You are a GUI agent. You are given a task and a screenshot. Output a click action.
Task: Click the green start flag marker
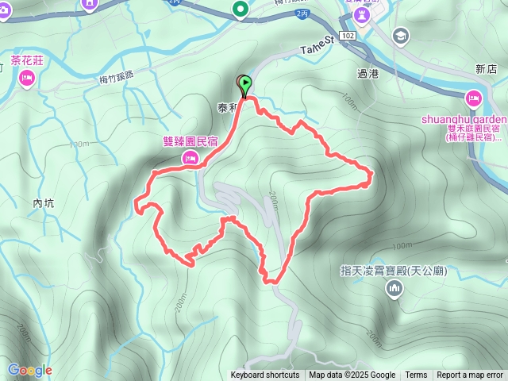pyautogui.click(x=245, y=83)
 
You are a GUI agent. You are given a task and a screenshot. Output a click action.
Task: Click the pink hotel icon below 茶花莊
pyautogui.click(x=26, y=77)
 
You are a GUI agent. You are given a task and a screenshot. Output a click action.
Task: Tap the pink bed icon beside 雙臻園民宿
pyautogui.click(x=190, y=158)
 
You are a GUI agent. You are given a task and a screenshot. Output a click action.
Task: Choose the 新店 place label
pyautogui.click(x=486, y=69)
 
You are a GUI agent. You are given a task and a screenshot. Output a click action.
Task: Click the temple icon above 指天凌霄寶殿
pyautogui.click(x=394, y=291)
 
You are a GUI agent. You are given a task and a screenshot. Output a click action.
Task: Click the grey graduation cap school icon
pyautogui.click(x=401, y=36)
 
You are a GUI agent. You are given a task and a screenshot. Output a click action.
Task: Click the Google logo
pyautogui.click(x=29, y=370)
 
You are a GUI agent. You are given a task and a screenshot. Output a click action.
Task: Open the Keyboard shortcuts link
pyautogui.click(x=265, y=375)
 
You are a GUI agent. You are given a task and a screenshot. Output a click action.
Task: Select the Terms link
pyautogui.click(x=416, y=375)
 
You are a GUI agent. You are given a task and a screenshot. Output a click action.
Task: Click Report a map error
pyautogui.click(x=470, y=375)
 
